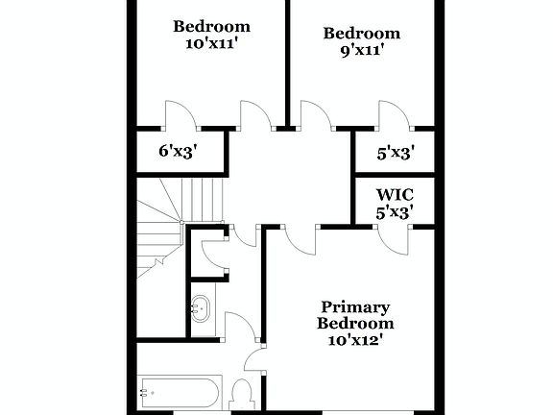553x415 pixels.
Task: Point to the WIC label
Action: (395, 194)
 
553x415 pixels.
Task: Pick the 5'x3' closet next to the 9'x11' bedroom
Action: (396, 151)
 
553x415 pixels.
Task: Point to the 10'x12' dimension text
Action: (355, 339)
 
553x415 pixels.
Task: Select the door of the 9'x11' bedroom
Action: (315, 113)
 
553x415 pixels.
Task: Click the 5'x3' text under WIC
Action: (395, 212)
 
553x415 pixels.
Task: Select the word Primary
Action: (355, 307)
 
